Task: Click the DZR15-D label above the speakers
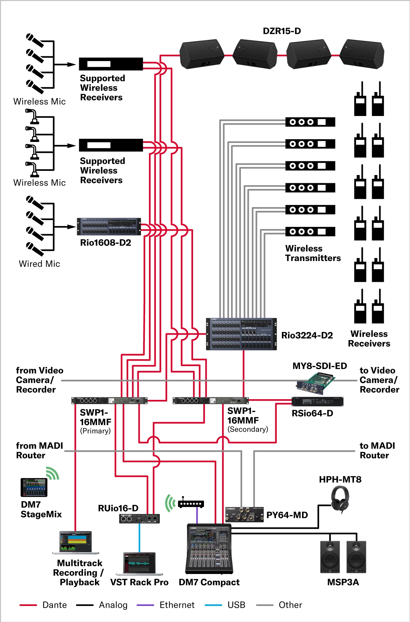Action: point(282,31)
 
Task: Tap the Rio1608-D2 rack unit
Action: point(109,227)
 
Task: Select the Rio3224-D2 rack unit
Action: point(241,334)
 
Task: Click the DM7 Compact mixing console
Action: point(209,549)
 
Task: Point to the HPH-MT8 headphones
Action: point(340,499)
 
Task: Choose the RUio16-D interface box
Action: point(139,519)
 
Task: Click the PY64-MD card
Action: point(244,515)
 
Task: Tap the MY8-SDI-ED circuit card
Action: point(316,382)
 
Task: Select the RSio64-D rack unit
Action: point(317,401)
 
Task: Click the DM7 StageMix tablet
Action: point(34,487)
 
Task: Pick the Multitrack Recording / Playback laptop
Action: point(76,543)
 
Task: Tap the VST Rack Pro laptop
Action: point(139,564)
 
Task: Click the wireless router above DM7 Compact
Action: point(191,504)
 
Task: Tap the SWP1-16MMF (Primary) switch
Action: point(109,401)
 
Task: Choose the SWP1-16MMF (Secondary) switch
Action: point(210,401)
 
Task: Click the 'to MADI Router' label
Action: point(377,450)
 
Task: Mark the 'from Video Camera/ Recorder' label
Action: point(39,380)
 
